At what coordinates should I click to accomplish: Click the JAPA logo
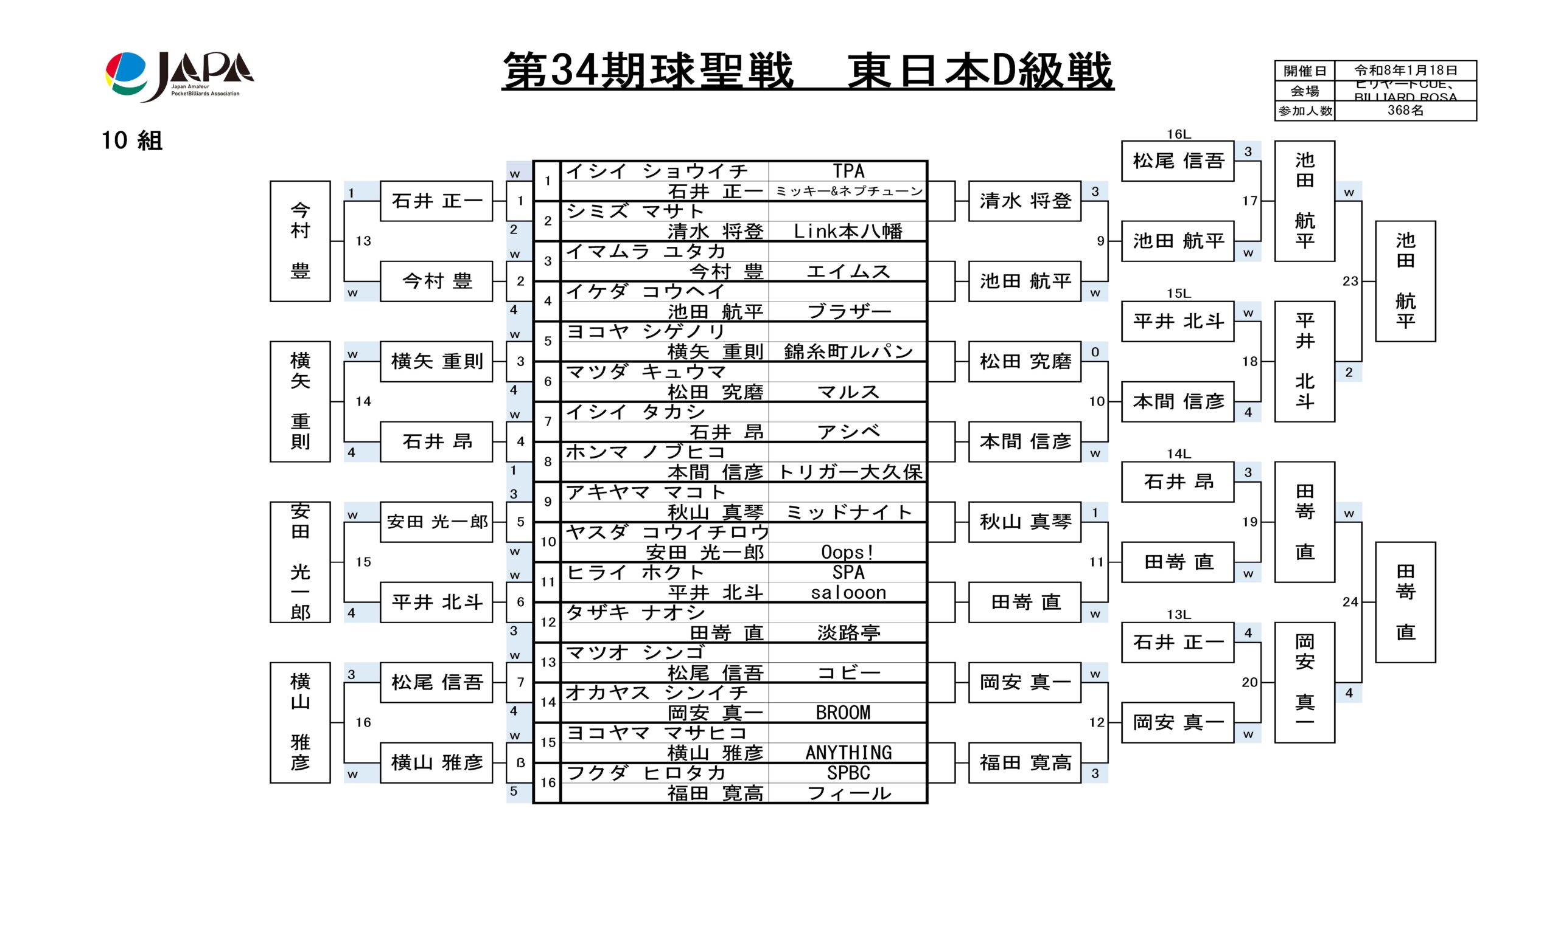point(179,76)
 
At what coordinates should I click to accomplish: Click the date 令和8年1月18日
point(1405,70)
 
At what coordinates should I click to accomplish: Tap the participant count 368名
point(1405,111)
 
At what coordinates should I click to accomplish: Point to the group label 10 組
point(132,141)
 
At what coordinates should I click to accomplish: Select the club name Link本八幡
point(847,232)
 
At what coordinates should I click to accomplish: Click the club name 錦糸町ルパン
point(848,352)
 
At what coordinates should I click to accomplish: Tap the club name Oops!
point(847,552)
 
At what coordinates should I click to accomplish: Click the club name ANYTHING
point(848,753)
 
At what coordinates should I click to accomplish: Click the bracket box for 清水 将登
point(1024,201)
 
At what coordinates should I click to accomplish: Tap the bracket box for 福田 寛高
point(1024,762)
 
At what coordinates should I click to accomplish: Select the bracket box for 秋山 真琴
point(1024,522)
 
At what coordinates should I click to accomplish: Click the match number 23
point(1350,281)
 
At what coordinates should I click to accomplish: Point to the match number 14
point(363,401)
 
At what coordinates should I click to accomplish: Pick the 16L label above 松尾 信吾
point(1178,134)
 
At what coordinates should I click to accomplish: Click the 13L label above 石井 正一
point(1178,615)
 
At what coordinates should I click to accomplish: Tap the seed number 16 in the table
point(548,782)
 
